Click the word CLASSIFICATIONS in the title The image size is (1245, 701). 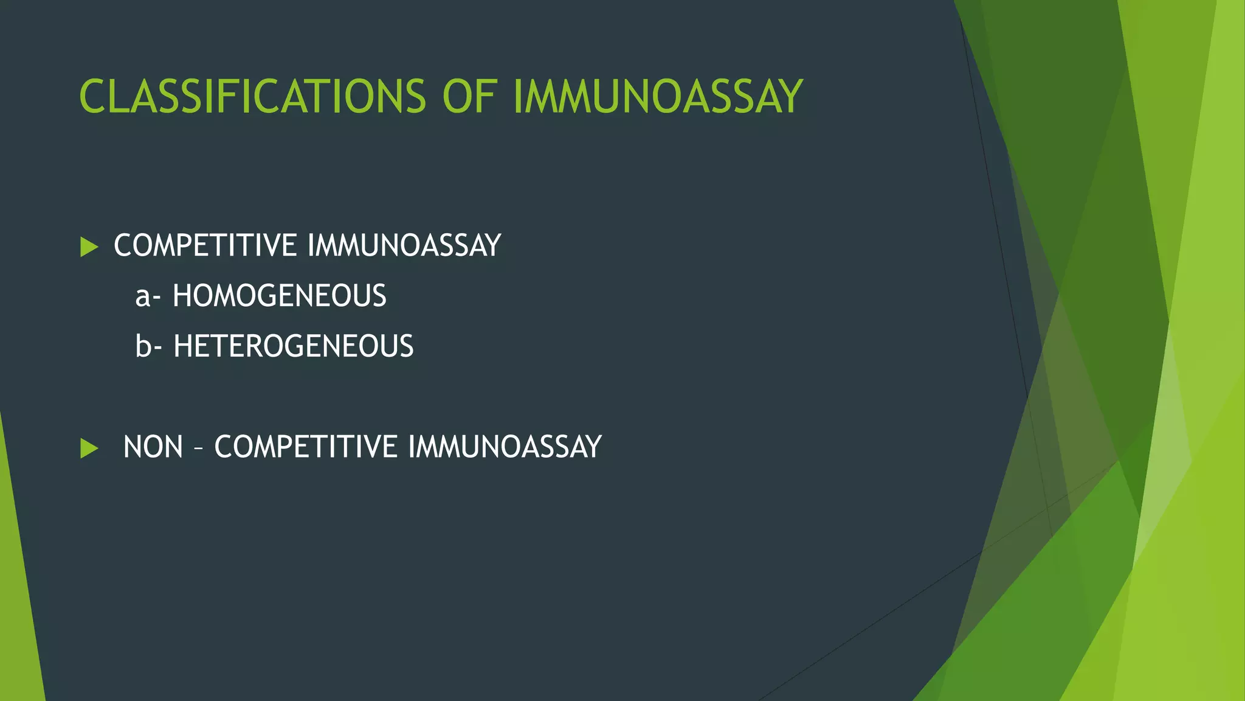click(252, 97)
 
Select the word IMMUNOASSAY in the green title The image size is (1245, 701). click(658, 97)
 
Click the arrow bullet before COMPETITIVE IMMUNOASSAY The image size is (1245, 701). click(89, 247)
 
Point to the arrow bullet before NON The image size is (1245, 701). click(89, 448)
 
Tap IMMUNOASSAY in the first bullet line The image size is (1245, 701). click(404, 246)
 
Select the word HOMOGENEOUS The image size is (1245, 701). click(279, 296)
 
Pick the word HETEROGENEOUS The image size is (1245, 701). click(293, 346)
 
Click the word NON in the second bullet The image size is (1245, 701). click(153, 447)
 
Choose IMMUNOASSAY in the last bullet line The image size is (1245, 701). click(505, 447)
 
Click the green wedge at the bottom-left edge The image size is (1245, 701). click(18, 609)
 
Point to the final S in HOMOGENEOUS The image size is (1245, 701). click(379, 296)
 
